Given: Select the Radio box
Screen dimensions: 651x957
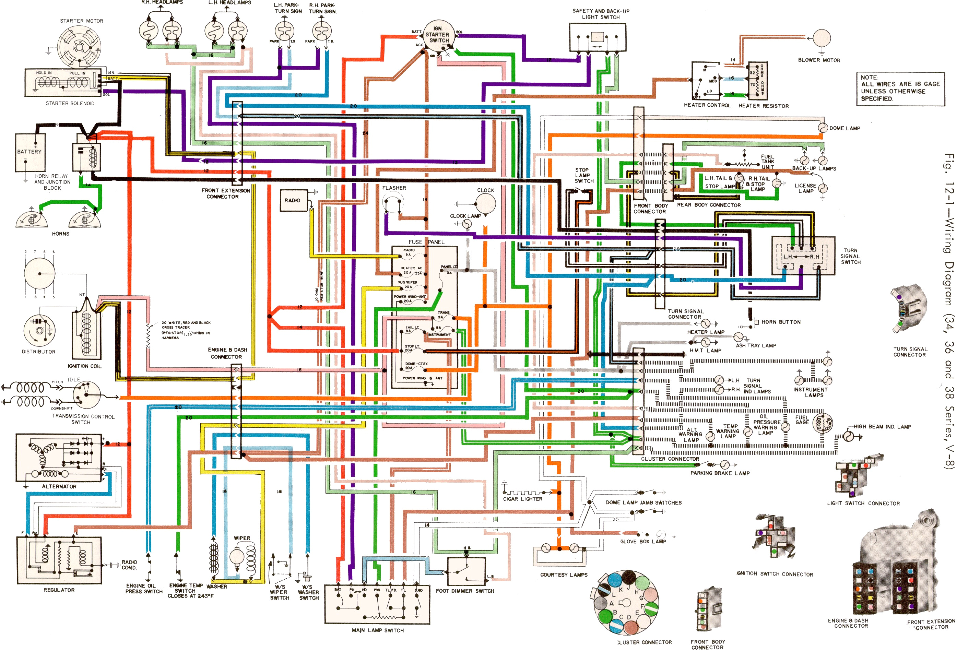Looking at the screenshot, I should [x=293, y=201].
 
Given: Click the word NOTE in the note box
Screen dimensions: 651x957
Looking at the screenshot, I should [x=869, y=78].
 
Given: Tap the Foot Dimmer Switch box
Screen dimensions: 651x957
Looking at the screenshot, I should [x=466, y=571].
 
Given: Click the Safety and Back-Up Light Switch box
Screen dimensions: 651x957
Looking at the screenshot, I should [x=597, y=37].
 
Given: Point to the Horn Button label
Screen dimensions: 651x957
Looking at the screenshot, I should [x=781, y=322].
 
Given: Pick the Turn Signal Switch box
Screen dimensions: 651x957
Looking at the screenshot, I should [x=803, y=256].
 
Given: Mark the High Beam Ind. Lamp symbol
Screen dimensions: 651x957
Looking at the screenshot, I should [x=849, y=436].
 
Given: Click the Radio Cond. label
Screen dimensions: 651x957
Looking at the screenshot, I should [x=129, y=565].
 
